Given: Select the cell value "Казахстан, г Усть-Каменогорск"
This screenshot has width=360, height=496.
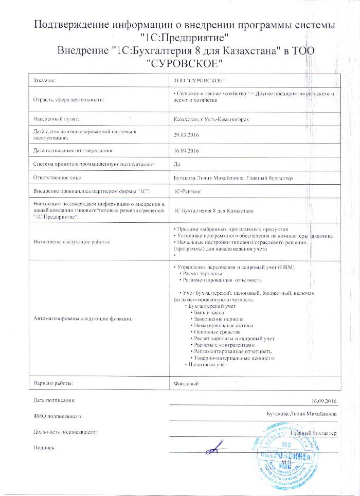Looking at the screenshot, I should pos(212,119).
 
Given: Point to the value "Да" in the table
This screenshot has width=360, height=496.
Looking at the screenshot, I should pos(177,164).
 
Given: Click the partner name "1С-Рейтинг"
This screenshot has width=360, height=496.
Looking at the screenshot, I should pos(189,191).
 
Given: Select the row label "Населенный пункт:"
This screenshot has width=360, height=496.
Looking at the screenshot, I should pos(55,119).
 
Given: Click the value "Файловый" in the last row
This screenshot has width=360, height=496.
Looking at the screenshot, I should pos(186,383).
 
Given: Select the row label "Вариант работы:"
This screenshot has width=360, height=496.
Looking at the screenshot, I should pos(53,383).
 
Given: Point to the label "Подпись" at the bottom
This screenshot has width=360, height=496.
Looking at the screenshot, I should pos(44,448).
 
